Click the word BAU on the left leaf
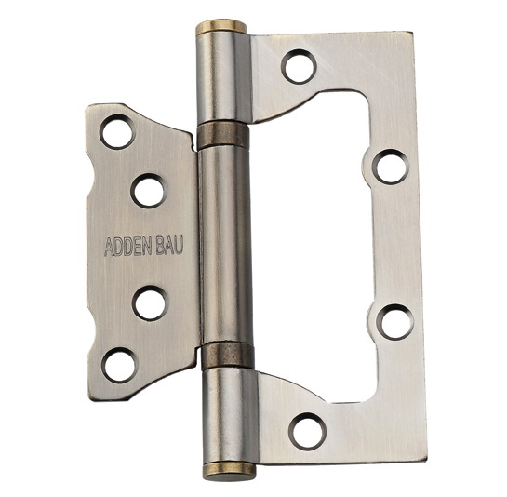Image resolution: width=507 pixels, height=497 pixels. pyautogui.click(x=170, y=245)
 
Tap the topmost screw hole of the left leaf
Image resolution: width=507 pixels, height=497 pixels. pyautogui.click(x=117, y=131)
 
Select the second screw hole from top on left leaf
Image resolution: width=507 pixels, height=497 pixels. pyautogui.click(x=149, y=191)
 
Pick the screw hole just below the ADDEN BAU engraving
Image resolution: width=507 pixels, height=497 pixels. pyautogui.click(x=151, y=303)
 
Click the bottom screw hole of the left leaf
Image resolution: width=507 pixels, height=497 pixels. pyautogui.click(x=119, y=365)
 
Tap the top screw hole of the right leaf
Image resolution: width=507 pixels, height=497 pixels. pyautogui.click(x=300, y=67)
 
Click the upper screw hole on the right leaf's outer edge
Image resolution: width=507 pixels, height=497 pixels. pyautogui.click(x=391, y=167)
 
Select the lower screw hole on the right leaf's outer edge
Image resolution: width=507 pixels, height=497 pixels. pyautogui.click(x=396, y=322)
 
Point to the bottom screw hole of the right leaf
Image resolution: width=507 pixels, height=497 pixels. pyautogui.click(x=307, y=431)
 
